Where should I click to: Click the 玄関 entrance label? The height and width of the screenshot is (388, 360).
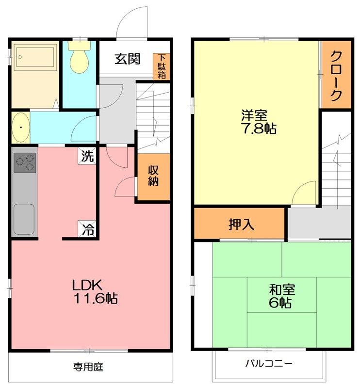pos(128,59)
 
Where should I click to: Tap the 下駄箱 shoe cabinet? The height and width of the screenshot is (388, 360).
pos(162,67)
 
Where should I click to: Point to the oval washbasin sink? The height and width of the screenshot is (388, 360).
pos(20,128)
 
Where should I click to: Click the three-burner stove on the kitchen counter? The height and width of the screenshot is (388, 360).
pos(24,162)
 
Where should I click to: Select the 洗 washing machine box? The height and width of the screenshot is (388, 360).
pos(88,156)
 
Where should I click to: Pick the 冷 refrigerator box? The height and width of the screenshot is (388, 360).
pos(88,228)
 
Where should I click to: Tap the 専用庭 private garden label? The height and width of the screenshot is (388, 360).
pos(88,367)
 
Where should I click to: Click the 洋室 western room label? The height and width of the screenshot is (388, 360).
pos(254,116)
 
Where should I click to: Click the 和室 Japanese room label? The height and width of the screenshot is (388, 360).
pos(281,290)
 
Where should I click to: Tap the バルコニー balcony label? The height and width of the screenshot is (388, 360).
pos(268,363)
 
